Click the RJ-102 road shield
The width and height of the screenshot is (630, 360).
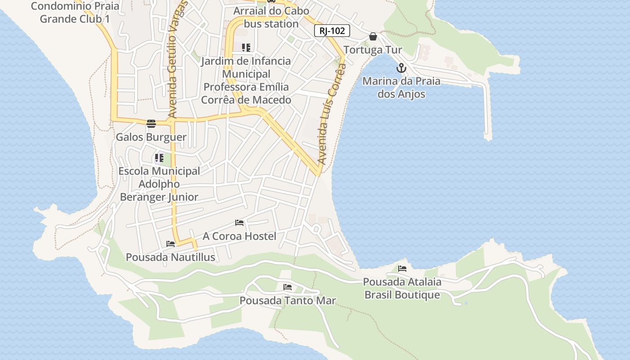(332, 31)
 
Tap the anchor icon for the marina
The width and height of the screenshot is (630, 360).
(401, 68)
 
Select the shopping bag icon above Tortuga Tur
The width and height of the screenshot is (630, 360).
(373, 36)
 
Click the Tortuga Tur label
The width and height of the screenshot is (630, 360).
(373, 49)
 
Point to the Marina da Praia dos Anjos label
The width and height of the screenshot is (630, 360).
(401, 88)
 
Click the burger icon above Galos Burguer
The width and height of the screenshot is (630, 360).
(151, 124)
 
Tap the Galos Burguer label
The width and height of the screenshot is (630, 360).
(151, 137)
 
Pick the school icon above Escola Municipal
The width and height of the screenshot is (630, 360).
(159, 158)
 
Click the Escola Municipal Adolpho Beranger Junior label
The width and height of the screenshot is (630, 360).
(159, 184)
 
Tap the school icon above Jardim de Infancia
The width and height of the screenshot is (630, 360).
(246, 47)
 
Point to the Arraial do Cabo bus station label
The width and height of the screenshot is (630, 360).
(271, 17)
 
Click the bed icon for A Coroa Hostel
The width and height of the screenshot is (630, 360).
(239, 223)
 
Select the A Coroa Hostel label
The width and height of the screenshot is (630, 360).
(239, 236)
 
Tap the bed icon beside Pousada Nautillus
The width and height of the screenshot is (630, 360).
(171, 244)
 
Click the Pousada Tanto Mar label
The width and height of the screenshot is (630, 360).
(288, 301)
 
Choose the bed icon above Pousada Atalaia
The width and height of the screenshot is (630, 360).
(402, 269)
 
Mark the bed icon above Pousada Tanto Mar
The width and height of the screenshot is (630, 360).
(288, 287)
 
